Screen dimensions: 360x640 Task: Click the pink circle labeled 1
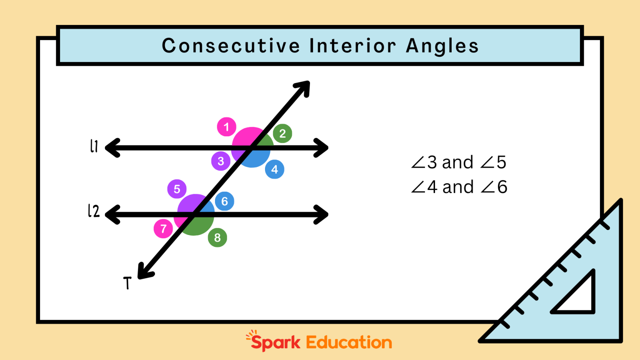(x=226, y=127)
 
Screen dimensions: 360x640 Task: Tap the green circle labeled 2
(x=282, y=133)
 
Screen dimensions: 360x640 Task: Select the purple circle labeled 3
(x=221, y=161)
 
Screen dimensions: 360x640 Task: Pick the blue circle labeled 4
(x=275, y=169)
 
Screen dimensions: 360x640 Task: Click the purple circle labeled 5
(x=177, y=189)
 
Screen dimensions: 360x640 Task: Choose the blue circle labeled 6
(x=225, y=202)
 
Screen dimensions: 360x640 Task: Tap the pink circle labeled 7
(x=163, y=229)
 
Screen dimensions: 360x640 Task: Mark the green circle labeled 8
(x=217, y=237)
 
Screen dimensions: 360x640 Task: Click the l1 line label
(x=94, y=146)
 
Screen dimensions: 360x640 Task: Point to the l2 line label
(x=94, y=211)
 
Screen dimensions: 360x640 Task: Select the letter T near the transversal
(x=127, y=283)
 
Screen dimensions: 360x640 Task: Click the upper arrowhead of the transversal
(x=303, y=87)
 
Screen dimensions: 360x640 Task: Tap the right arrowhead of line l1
(x=322, y=148)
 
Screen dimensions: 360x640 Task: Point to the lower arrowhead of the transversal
(x=144, y=272)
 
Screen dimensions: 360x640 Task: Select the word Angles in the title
(x=442, y=46)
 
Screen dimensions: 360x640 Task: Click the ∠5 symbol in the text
(x=493, y=162)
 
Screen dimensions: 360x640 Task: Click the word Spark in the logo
(x=275, y=342)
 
